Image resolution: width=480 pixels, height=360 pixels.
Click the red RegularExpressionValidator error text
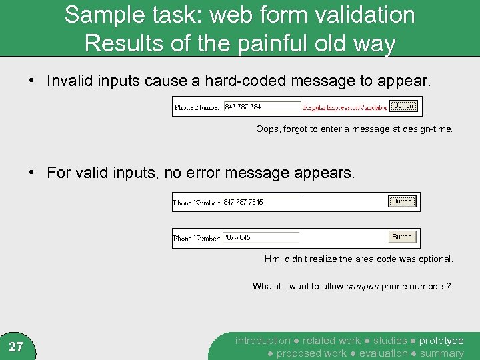345,107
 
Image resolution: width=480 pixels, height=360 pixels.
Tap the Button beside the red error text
404,106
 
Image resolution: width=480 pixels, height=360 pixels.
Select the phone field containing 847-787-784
262,107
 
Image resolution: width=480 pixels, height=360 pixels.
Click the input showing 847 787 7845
261,202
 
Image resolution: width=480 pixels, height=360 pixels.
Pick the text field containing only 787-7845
261,237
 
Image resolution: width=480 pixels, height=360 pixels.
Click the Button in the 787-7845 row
403,237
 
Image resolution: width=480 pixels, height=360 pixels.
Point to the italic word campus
362,286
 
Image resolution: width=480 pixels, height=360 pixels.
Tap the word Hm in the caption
272,259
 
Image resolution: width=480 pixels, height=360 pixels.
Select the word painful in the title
210,43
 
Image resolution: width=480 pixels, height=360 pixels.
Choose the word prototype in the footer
441,341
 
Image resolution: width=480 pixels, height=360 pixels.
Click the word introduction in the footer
263,341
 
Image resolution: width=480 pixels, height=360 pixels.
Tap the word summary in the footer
441,353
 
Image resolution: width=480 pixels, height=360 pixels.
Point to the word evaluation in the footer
383,353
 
